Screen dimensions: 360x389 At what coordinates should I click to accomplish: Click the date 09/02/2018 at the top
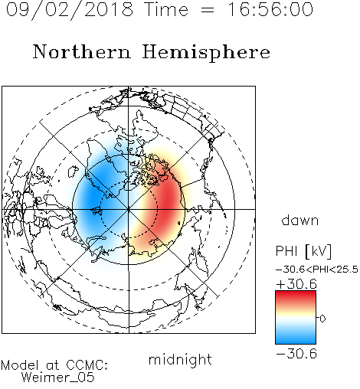click(x=70, y=9)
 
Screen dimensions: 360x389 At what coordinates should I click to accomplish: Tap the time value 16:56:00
click(x=270, y=9)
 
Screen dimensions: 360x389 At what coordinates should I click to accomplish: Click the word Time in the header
click(x=166, y=9)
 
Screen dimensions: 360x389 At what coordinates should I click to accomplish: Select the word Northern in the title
click(x=82, y=51)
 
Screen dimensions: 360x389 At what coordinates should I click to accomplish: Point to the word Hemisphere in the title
click(x=206, y=53)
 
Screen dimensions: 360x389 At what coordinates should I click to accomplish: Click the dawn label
click(x=300, y=220)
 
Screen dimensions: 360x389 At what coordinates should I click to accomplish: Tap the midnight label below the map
click(x=180, y=359)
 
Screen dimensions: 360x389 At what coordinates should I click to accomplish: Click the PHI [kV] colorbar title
click(x=303, y=251)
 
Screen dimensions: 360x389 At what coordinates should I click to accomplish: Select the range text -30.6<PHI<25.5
click(x=317, y=270)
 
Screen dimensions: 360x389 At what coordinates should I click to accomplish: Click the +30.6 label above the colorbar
click(x=296, y=284)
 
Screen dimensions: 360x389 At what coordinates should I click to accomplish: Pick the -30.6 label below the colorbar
click(x=296, y=354)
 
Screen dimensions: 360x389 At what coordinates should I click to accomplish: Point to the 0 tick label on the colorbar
click(x=322, y=319)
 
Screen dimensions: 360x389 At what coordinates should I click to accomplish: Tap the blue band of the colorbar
click(x=296, y=337)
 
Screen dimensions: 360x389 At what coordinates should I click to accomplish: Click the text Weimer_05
click(x=58, y=378)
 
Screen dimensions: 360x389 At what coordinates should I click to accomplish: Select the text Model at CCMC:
click(x=54, y=365)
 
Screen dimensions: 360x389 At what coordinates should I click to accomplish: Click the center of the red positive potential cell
click(x=167, y=201)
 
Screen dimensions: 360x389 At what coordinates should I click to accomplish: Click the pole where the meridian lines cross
click(x=129, y=209)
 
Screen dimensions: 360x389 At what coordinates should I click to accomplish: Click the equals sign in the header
click(x=208, y=10)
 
